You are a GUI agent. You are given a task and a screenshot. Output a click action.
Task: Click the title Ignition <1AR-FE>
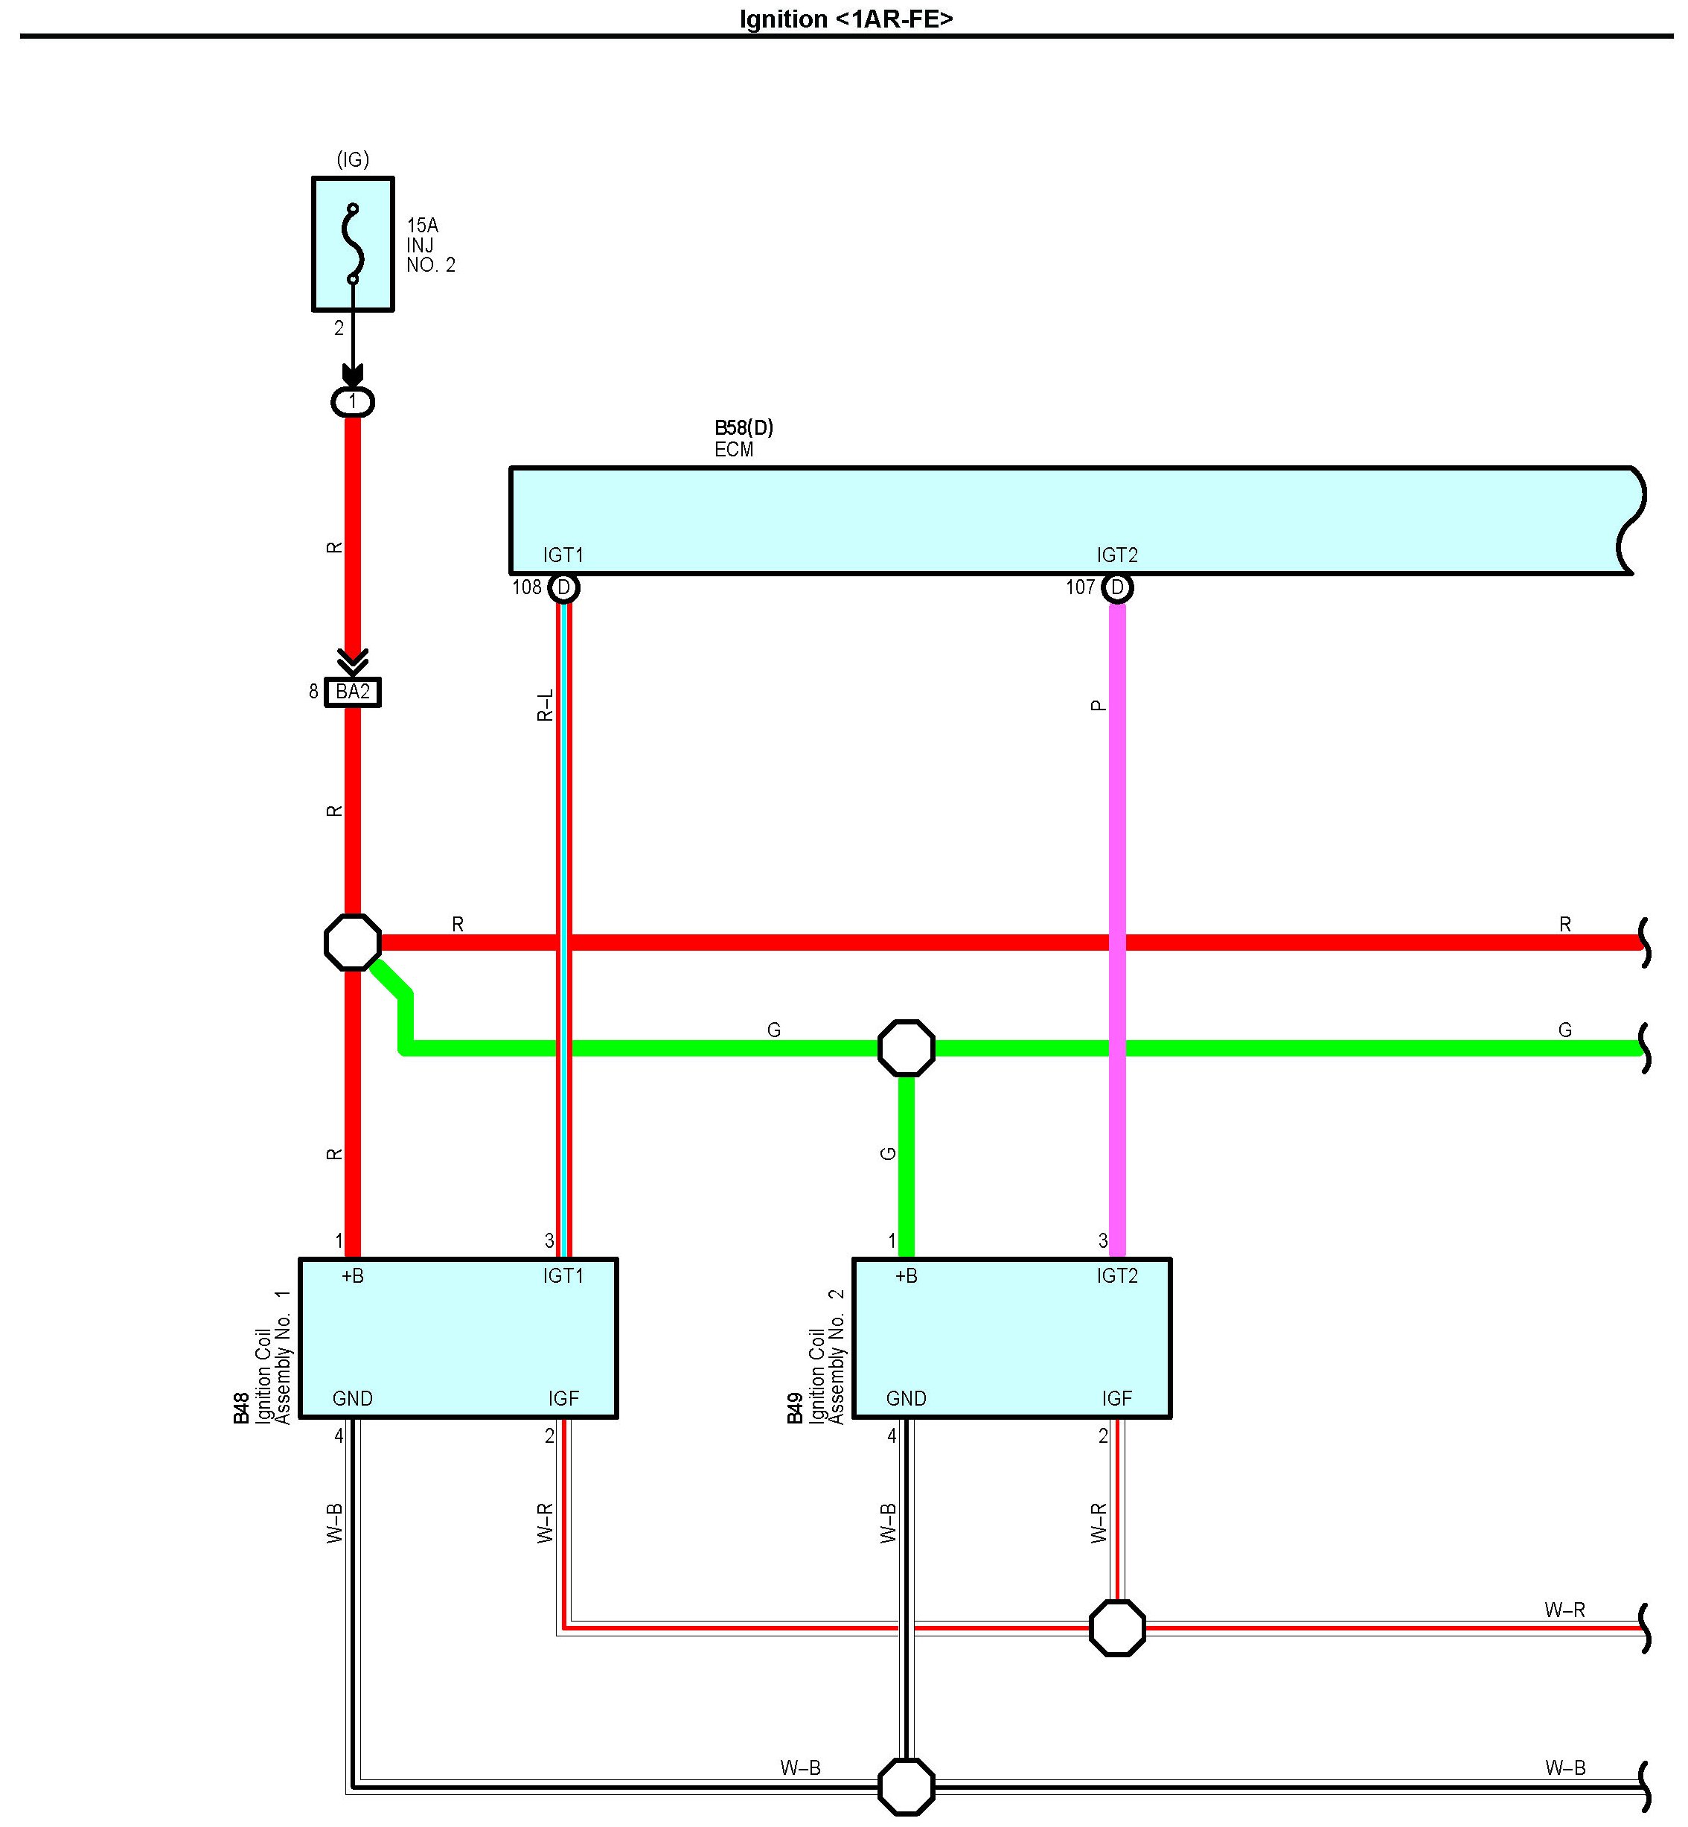845,19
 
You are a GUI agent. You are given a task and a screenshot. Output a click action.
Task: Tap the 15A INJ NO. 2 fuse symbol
353,244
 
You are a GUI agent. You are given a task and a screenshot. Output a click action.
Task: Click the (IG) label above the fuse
353,160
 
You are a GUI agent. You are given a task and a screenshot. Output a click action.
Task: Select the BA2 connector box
353,692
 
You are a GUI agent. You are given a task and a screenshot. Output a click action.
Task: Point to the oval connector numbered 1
353,402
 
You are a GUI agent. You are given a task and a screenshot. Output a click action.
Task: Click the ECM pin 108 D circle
563,587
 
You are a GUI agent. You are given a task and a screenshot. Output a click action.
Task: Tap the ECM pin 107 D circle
1117,587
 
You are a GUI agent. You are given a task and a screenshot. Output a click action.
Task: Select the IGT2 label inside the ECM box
1117,555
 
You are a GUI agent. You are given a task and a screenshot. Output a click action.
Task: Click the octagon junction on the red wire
353,942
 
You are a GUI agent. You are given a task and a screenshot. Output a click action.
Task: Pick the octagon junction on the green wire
906,1048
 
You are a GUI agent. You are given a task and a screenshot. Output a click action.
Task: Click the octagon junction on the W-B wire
906,1786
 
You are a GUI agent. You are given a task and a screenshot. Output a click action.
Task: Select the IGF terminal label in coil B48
563,1399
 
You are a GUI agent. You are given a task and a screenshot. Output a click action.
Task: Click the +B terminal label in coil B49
906,1276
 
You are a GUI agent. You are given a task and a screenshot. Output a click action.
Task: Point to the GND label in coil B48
353,1399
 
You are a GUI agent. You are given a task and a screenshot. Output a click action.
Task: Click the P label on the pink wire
1098,705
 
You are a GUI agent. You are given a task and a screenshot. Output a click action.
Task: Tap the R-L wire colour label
544,705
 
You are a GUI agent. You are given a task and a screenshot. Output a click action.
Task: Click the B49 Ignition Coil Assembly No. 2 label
816,1356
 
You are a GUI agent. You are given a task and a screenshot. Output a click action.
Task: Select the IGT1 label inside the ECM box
563,555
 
